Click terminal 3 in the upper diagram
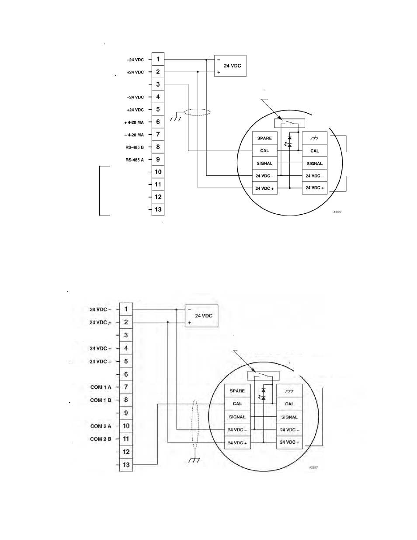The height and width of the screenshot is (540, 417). coord(158,84)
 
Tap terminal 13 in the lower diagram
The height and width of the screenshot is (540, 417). coord(126,464)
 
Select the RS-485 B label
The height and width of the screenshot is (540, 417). coord(135,147)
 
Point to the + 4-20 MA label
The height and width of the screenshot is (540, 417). coord(134,122)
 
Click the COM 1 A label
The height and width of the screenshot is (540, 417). coord(101,387)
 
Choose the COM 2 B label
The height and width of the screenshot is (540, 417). coord(101,439)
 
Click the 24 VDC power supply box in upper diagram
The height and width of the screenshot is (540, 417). coord(230,66)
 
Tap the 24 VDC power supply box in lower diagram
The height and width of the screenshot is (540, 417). coord(202,316)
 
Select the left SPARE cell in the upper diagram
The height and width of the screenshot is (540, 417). coord(265,138)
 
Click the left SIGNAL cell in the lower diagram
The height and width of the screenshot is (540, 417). coord(237,417)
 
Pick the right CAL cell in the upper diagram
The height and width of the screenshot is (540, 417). coord(315,150)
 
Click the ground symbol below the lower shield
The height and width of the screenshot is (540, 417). coord(194,460)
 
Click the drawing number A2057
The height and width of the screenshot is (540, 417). coord(337,212)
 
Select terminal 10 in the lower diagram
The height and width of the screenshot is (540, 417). coord(126,426)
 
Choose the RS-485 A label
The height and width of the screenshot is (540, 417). coord(135,160)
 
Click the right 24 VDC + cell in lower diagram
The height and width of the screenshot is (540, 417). coord(290,442)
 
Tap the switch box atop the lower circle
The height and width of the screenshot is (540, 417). coord(263,376)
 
